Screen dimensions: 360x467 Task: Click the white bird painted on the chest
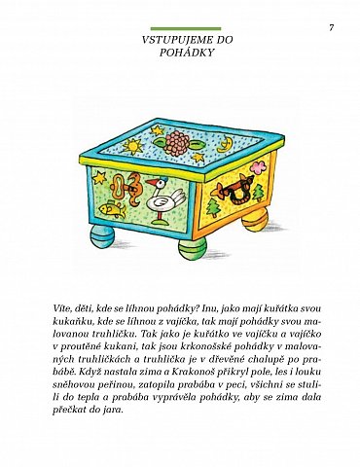[x=160, y=200]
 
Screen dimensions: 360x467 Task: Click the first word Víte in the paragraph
[x=62, y=307]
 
